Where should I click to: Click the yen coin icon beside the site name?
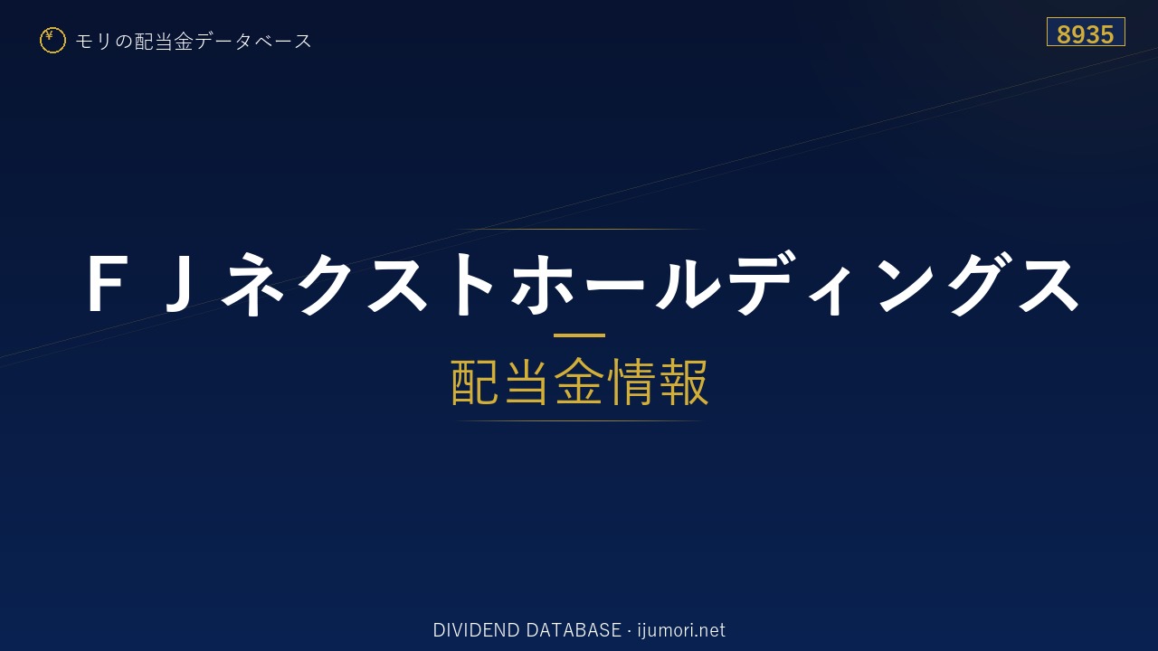click(x=52, y=41)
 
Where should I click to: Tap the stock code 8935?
click(x=1085, y=34)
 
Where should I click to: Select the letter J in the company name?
click(x=179, y=283)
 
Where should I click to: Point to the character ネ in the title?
click(x=252, y=283)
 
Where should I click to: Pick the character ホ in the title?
click(x=542, y=283)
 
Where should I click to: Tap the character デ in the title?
click(x=761, y=282)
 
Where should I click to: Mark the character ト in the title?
click(x=475, y=283)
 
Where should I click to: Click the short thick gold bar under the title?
click(x=579, y=335)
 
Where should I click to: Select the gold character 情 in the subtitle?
click(x=631, y=382)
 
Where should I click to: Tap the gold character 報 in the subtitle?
click(x=683, y=382)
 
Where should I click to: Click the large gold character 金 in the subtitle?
click(x=579, y=382)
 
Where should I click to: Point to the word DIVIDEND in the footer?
click(x=476, y=630)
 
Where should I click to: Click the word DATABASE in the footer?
click(x=574, y=630)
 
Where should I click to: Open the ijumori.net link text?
click(x=681, y=630)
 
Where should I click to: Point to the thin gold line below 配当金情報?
click(x=579, y=421)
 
